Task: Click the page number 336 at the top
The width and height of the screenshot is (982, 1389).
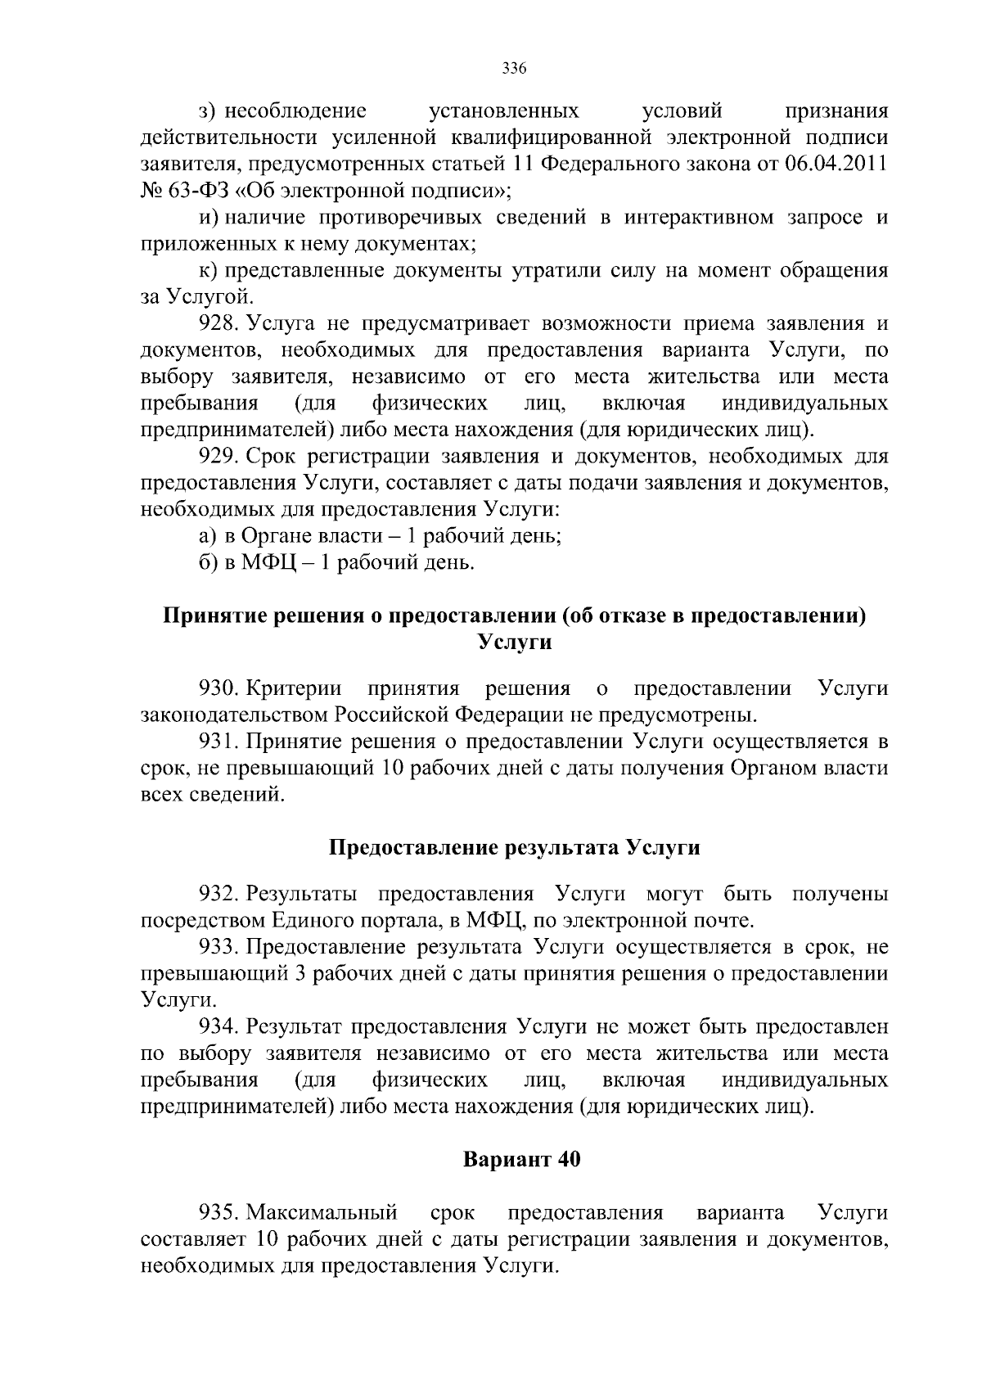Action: [x=514, y=69]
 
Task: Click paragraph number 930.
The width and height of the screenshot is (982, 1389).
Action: [x=218, y=688]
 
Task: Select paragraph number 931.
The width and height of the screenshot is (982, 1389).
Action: [x=218, y=742]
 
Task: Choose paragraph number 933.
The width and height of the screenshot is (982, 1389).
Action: [x=218, y=947]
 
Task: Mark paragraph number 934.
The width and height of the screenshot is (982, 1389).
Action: [x=218, y=1026]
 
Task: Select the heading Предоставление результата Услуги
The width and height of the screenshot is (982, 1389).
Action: [x=514, y=848]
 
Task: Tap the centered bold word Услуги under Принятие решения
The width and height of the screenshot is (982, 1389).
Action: [x=514, y=643]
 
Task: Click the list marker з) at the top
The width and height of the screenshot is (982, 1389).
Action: [x=209, y=110]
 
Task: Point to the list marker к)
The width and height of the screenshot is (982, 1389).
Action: [x=208, y=271]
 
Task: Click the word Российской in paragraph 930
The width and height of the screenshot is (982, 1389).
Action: [x=390, y=715]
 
